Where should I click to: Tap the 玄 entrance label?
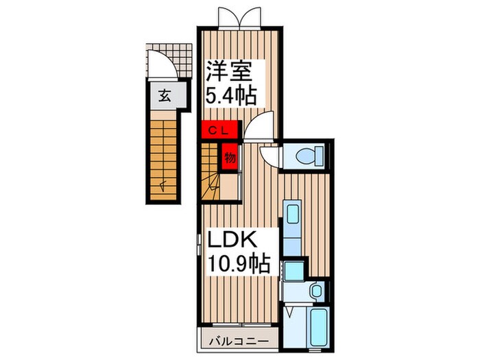(x=165, y=95)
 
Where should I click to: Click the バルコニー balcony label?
(x=240, y=339)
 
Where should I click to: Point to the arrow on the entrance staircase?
(x=163, y=184)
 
